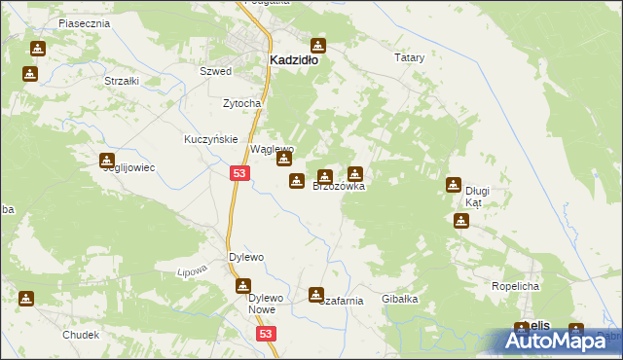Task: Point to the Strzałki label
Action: click(121, 81)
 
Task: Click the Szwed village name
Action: click(215, 72)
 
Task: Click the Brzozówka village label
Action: click(339, 186)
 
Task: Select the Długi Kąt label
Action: click(474, 197)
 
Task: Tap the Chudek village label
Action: click(81, 335)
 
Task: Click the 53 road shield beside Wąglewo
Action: click(239, 173)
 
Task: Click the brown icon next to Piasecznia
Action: click(38, 49)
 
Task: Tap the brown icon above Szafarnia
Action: click(317, 294)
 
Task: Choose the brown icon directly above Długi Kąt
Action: click(454, 184)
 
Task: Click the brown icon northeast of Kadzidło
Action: click(317, 45)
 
